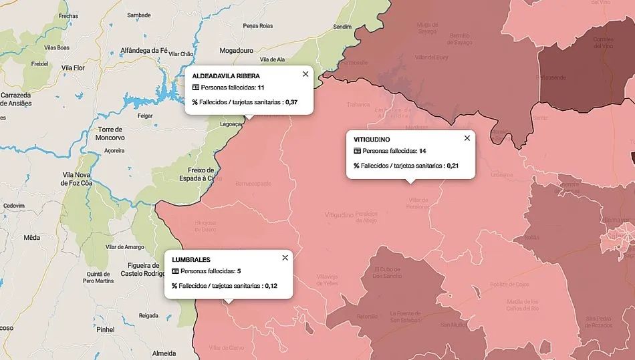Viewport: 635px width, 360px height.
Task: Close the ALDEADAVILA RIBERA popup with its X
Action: click(305, 74)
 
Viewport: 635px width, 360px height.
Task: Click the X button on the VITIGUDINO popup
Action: click(467, 138)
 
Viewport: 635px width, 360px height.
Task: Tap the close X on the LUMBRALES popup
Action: click(285, 258)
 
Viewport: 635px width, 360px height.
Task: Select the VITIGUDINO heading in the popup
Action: click(372, 139)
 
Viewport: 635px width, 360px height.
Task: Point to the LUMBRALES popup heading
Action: click(191, 259)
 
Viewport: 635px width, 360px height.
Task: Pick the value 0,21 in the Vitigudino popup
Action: click(454, 165)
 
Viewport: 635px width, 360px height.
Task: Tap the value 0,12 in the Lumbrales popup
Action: click(270, 286)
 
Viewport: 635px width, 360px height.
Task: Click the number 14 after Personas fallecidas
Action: click(422, 151)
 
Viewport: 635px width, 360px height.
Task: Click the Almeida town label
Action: click(164, 353)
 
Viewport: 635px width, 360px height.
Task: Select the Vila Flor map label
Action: click(74, 67)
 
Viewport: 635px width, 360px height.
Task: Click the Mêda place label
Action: click(31, 237)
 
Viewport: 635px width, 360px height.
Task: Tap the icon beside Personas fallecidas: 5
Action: click(176, 271)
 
